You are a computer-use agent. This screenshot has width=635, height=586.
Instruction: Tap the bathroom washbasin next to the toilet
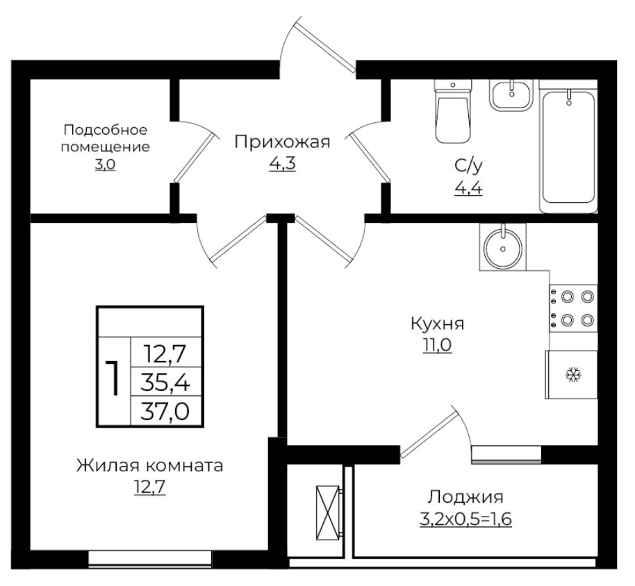(513, 94)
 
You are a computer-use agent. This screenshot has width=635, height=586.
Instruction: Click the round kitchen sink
(502, 246)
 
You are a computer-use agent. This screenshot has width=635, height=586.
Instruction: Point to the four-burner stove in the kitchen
(573, 308)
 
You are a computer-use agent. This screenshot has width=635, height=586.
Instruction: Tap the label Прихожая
(281, 142)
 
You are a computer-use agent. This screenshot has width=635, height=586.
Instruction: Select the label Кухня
(438, 324)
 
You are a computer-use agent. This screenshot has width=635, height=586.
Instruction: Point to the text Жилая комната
(150, 465)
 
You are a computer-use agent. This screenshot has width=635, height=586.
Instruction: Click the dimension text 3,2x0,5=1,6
(465, 518)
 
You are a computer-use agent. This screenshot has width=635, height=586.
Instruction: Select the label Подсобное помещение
(106, 138)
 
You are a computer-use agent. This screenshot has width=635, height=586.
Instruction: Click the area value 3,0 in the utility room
(105, 166)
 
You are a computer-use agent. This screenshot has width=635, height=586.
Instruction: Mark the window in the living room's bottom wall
(150, 558)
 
